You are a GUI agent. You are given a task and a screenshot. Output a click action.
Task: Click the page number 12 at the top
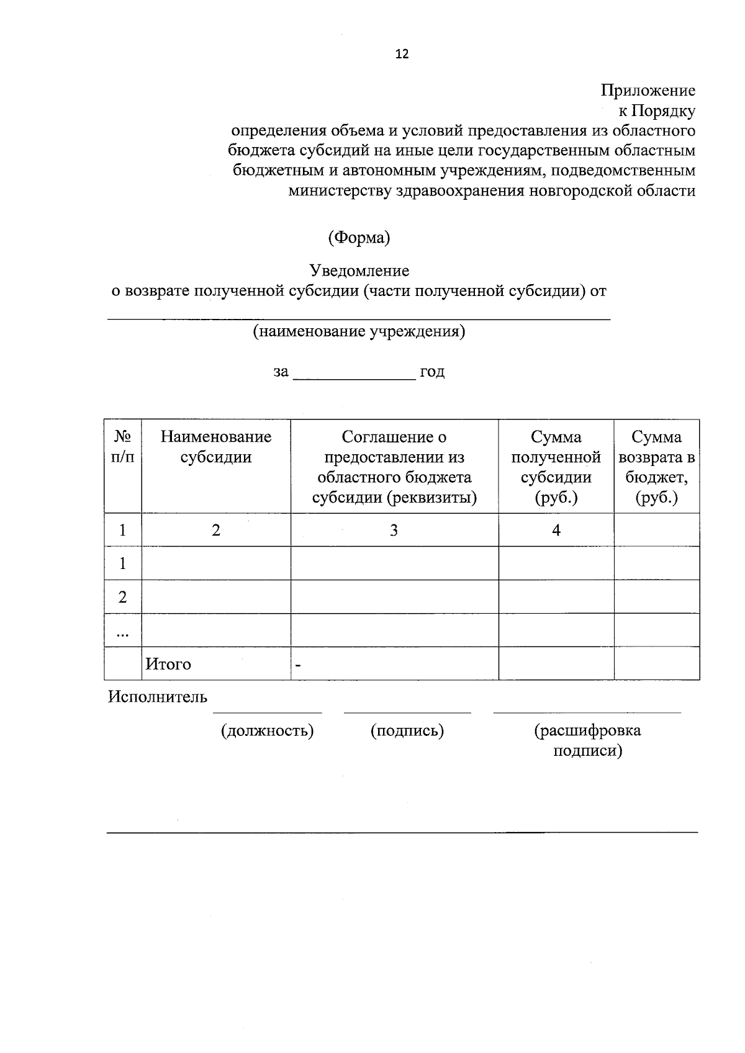402,54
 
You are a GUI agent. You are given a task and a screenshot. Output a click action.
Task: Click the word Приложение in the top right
648,91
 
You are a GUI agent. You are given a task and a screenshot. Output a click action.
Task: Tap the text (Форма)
359,238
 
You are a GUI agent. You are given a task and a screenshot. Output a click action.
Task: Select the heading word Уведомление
359,271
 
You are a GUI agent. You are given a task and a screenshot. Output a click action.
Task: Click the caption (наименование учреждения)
359,331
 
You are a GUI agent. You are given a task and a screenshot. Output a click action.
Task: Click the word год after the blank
432,372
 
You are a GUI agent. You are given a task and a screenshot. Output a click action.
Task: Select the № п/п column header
122,447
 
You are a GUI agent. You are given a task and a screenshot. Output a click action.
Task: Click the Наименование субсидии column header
215,447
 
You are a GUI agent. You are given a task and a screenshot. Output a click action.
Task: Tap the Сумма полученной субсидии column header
556,467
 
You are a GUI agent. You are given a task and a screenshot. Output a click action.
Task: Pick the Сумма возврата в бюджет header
656,467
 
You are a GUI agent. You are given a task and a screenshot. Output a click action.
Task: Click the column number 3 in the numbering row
394,530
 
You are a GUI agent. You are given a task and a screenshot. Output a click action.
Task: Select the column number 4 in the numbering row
556,530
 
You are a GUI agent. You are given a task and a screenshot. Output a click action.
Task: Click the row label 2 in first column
122,597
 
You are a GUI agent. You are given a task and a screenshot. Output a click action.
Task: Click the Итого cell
168,664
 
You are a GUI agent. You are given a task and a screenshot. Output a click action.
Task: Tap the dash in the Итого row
299,666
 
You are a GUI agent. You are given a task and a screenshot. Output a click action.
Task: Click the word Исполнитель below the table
157,697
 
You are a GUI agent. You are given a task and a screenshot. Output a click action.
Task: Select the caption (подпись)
407,731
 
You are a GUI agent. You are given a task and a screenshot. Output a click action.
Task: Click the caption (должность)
267,731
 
